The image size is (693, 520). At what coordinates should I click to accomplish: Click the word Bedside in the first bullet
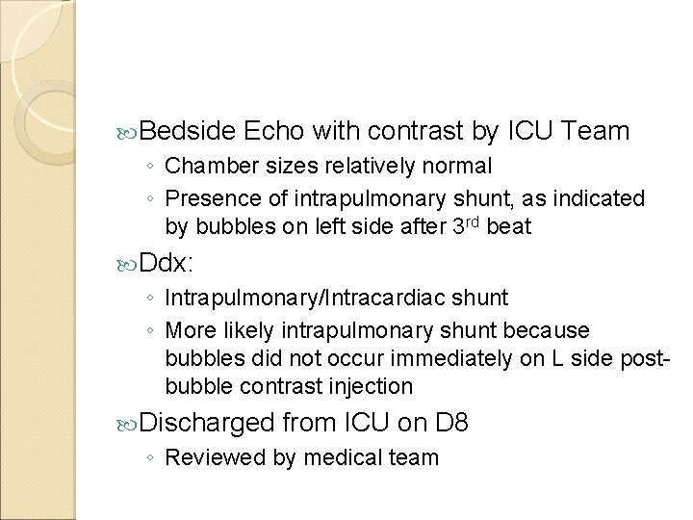[x=188, y=130]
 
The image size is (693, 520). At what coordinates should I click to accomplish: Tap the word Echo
[x=274, y=130]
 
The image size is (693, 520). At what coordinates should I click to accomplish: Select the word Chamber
[x=205, y=167]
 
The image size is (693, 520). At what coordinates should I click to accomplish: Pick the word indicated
[x=603, y=198]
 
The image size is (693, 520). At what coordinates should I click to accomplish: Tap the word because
[x=552, y=330]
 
